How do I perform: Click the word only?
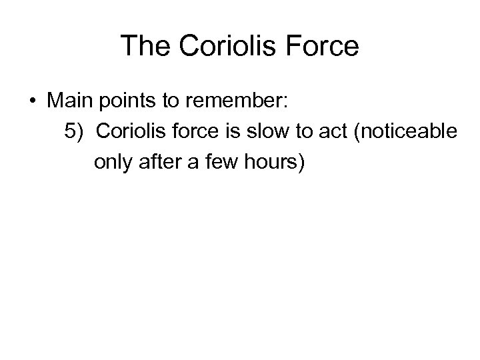(113, 162)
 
